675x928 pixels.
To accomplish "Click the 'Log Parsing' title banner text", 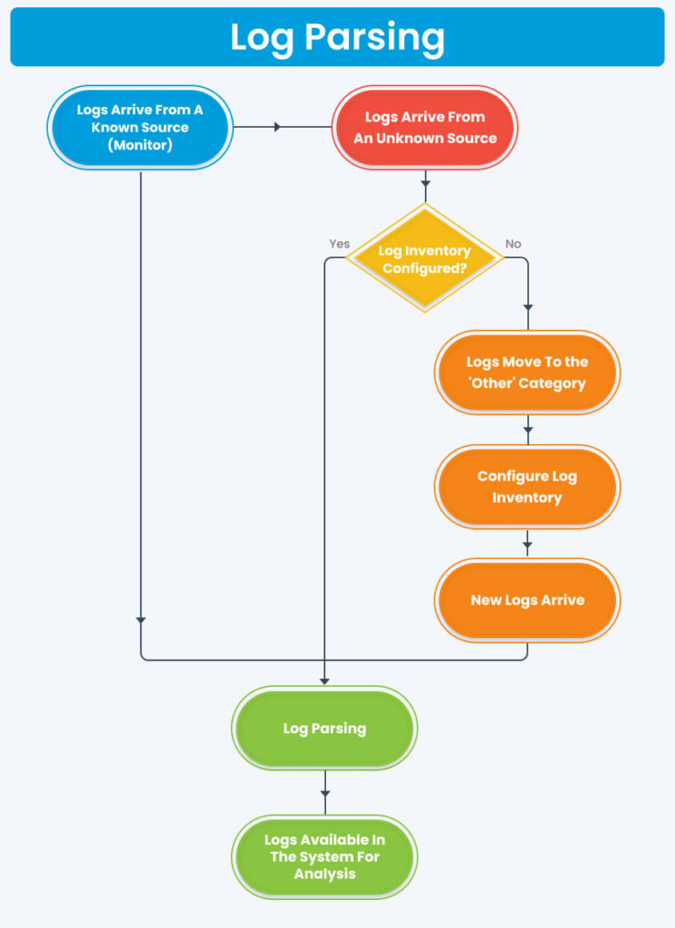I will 337,37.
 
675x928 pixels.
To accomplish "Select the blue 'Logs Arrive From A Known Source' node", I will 140,127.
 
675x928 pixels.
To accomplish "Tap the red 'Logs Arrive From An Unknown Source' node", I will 425,128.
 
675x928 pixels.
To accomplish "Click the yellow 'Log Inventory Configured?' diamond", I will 425,258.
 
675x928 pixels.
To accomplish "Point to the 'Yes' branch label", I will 339,244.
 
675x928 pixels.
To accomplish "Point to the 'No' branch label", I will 513,244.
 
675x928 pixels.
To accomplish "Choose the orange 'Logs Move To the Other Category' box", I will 526,372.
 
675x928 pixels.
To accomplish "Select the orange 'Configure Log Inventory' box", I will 526,487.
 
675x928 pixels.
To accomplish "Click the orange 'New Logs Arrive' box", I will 526,600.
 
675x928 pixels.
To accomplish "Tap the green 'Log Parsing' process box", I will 324,729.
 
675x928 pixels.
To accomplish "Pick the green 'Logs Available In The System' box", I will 324,856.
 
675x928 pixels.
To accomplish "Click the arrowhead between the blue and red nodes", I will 278,127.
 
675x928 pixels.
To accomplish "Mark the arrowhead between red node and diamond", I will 425,185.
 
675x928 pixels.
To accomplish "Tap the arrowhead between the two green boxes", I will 324,795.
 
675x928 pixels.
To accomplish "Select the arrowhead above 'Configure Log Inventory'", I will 527,431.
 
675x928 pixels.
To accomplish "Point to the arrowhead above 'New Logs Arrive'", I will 527,546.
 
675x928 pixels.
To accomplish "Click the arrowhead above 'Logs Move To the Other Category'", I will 527,309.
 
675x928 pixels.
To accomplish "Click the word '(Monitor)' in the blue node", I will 140,145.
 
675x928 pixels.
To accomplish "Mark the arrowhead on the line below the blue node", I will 140,620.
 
